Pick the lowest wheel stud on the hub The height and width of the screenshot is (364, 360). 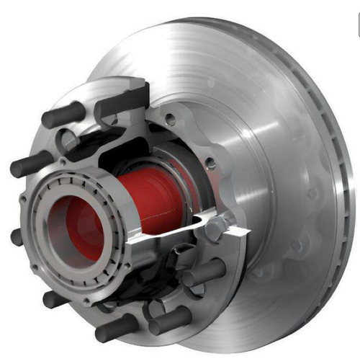119,328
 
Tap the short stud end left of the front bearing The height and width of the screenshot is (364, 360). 17,236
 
